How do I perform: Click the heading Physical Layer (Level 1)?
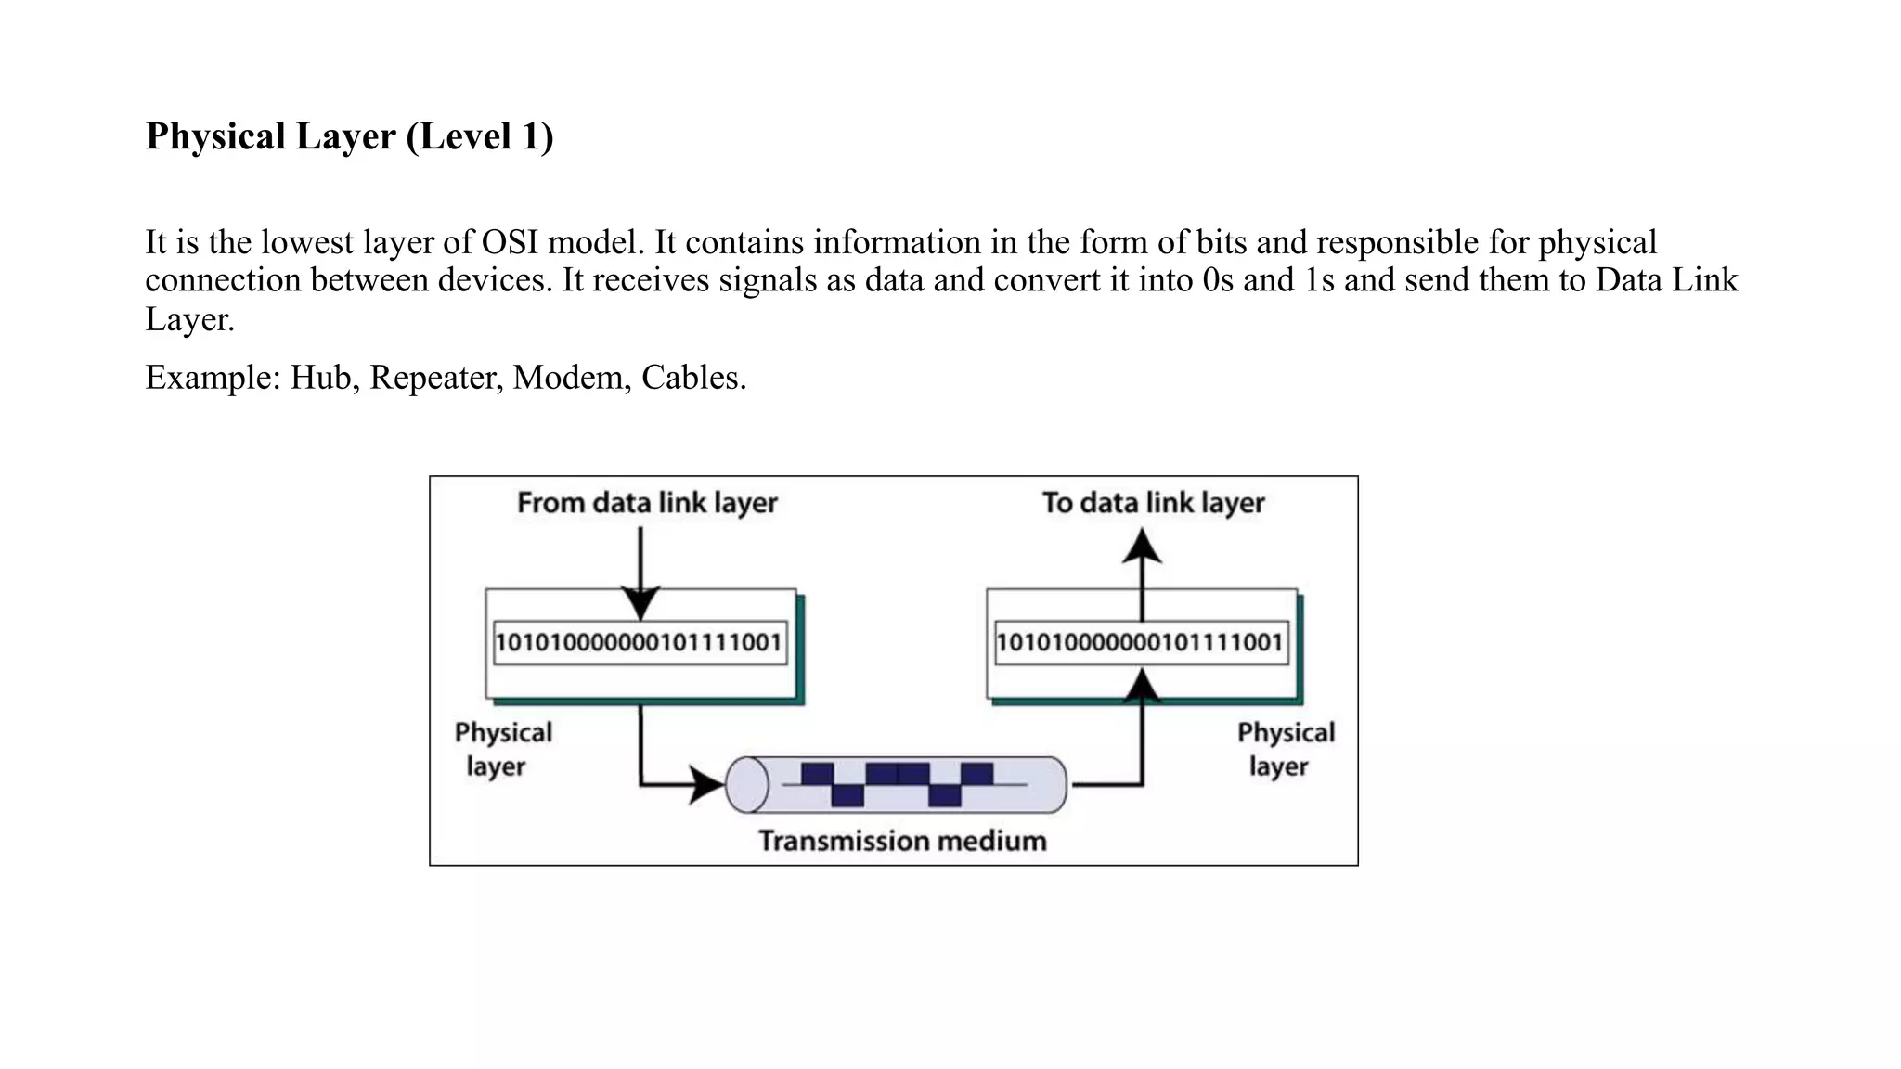[349, 136]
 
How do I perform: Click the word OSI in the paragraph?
[510, 242]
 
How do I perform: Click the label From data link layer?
[647, 503]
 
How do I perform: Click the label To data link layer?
[1153, 503]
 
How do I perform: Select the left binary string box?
[640, 642]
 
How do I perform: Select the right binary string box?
[1141, 642]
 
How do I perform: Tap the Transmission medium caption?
[902, 841]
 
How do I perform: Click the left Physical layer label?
[502, 749]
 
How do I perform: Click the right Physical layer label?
[1285, 749]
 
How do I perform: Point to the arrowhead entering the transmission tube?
[706, 785]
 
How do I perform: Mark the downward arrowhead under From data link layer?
[640, 603]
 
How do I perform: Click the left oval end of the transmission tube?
[747, 785]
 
